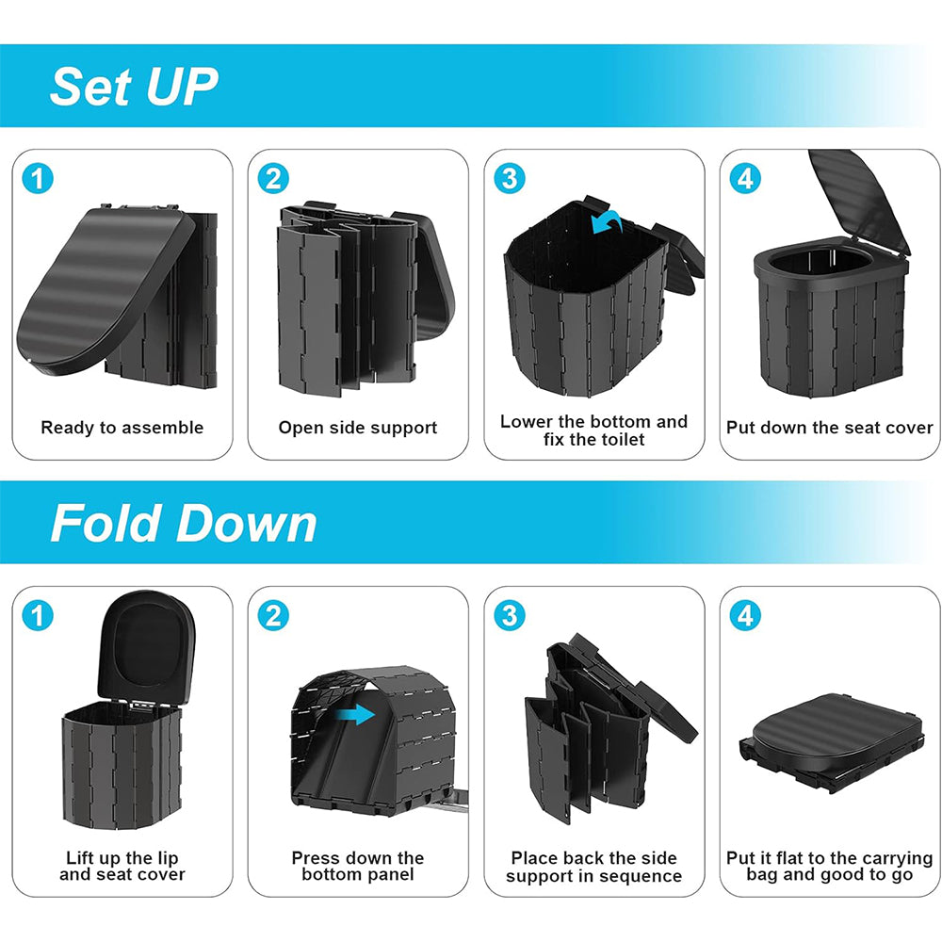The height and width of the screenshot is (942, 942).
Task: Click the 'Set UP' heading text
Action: click(x=134, y=87)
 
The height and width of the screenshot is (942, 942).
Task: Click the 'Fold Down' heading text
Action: click(x=184, y=524)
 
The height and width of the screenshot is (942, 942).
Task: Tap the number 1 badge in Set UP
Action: click(x=39, y=178)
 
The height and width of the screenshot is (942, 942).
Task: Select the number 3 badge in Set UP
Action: click(x=510, y=178)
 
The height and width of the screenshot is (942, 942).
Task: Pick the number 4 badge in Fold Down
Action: click(x=745, y=615)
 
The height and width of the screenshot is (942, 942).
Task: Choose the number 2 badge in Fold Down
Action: click(x=273, y=615)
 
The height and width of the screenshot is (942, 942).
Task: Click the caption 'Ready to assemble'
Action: click(x=122, y=428)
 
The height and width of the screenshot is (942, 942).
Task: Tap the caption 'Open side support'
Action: click(x=357, y=428)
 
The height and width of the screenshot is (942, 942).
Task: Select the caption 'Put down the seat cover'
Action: click(x=829, y=428)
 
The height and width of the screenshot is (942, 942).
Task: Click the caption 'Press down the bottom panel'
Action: click(x=357, y=867)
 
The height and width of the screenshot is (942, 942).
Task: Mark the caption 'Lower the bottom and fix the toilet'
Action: click(x=593, y=430)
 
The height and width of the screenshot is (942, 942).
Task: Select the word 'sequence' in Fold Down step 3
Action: click(x=643, y=876)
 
